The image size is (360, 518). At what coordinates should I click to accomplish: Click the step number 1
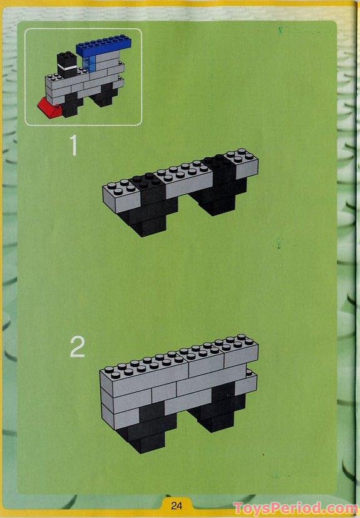pos(74,145)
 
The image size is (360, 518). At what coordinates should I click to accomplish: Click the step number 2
pos(78,347)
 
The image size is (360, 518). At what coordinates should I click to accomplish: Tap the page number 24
pos(177,505)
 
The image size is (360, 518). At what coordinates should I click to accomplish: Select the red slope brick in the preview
pos(49,108)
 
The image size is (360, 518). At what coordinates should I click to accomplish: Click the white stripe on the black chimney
pos(68,68)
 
